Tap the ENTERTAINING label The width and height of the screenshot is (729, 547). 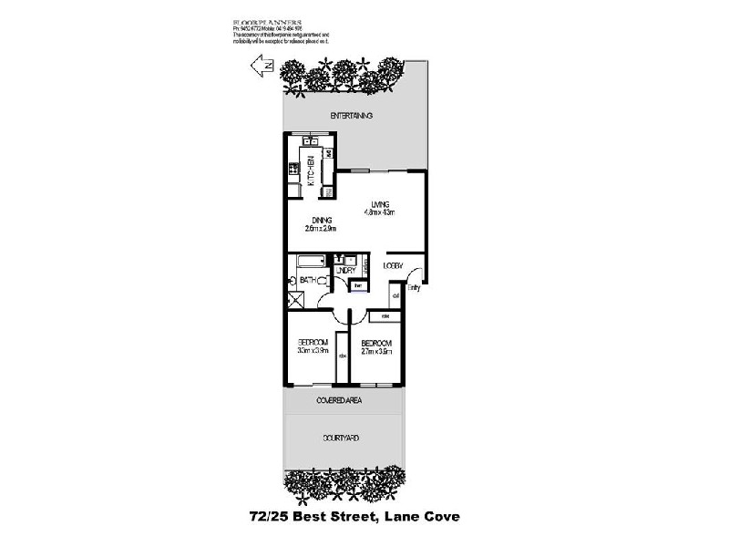[352, 116]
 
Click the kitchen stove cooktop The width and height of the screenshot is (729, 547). [293, 168]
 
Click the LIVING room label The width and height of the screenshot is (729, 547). [381, 203]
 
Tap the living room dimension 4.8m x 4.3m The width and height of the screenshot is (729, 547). [381, 212]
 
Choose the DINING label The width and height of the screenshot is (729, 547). [322, 220]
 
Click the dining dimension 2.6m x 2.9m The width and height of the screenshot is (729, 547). [322, 229]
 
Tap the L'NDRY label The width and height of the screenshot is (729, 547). [344, 271]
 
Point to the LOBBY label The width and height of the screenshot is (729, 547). [394, 265]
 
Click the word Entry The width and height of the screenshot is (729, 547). [415, 288]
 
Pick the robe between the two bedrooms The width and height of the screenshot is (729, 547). [342, 356]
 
